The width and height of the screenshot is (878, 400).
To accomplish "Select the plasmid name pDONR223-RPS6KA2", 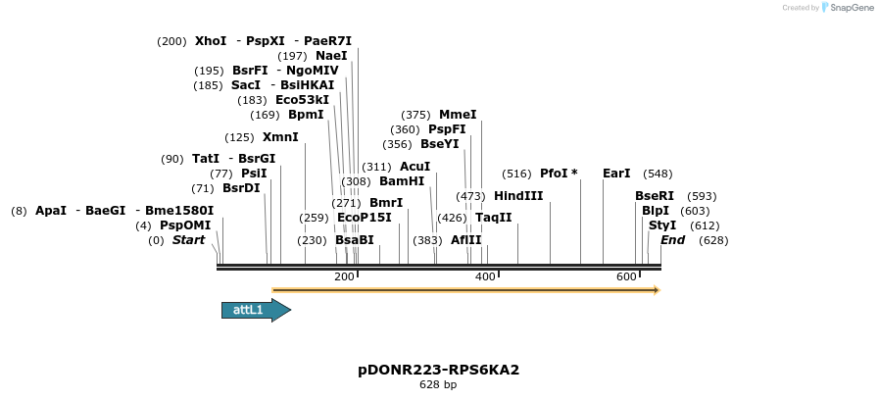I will [438, 370].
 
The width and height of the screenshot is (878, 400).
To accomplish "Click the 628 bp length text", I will [438, 384].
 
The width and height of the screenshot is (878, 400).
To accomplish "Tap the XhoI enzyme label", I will [211, 41].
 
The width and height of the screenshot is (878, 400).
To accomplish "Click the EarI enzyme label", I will [616, 174].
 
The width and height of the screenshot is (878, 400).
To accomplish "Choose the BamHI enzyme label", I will [402, 181].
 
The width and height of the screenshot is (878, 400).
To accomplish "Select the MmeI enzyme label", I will [458, 115].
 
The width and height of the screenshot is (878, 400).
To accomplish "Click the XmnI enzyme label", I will [280, 137].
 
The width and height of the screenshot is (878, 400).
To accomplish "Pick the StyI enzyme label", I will [662, 225].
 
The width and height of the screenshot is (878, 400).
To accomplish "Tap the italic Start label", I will [189, 240].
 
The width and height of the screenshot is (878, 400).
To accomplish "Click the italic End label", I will [673, 240].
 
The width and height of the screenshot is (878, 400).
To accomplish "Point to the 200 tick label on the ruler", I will [344, 277].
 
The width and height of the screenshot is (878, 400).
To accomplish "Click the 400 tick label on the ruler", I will [485, 277].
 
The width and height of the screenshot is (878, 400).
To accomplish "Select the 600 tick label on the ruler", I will [626, 277].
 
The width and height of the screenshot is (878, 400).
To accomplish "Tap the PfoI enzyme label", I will [554, 174].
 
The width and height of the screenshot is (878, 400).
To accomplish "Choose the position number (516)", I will [516, 174].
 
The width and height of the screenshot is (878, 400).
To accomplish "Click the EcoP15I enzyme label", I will [364, 218].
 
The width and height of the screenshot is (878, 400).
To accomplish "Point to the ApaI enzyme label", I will [51, 211].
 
